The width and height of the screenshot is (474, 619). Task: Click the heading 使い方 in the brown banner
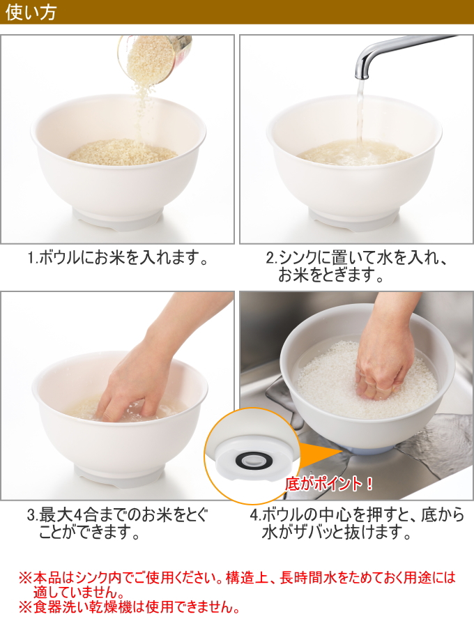point(31,13)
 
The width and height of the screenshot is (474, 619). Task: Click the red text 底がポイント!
point(328,484)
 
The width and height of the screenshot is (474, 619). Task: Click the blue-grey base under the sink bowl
point(366,449)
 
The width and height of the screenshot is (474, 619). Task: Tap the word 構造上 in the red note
point(247,578)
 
